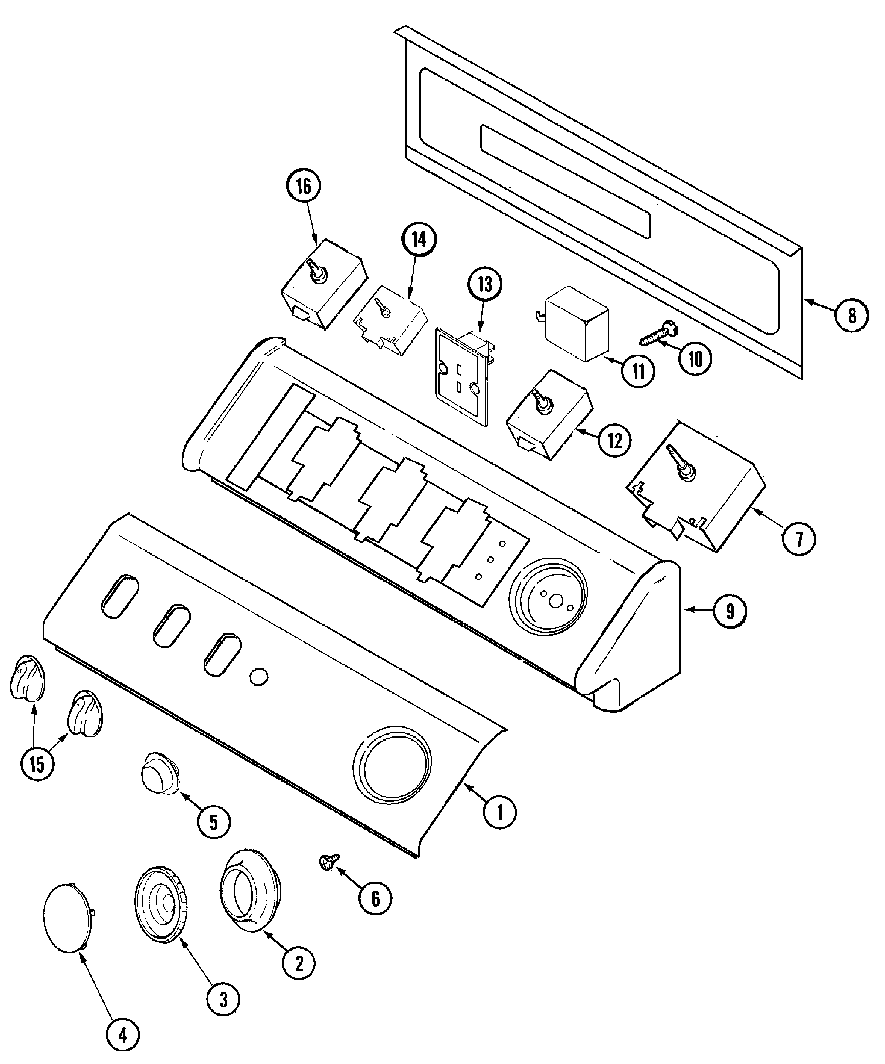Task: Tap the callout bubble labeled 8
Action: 852,316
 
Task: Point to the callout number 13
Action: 485,284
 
